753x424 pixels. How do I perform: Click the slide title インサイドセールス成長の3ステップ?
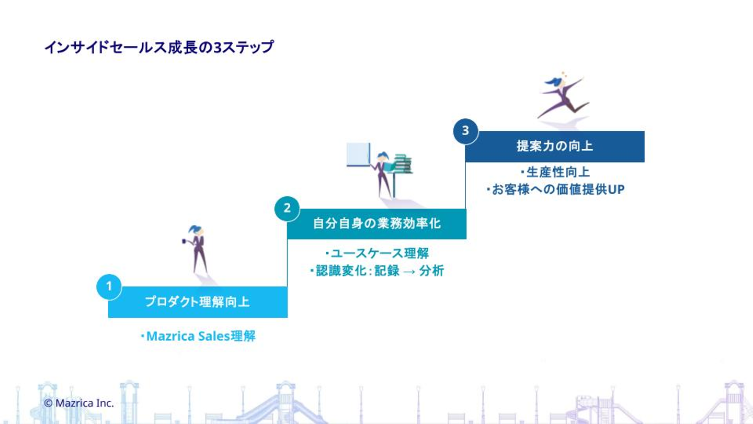click(159, 47)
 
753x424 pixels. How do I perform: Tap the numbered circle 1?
click(109, 287)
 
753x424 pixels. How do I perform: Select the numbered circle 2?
click(287, 208)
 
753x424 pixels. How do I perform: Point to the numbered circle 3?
click(465, 131)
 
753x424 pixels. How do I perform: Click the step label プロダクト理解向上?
click(197, 302)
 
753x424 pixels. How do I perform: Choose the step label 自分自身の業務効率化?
click(376, 224)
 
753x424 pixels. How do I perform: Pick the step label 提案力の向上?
click(554, 146)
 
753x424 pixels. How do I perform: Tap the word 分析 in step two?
click(431, 271)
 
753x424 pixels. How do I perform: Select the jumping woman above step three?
click(562, 97)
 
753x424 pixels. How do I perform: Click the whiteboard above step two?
click(358, 154)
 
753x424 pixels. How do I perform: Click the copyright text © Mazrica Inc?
click(79, 403)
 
